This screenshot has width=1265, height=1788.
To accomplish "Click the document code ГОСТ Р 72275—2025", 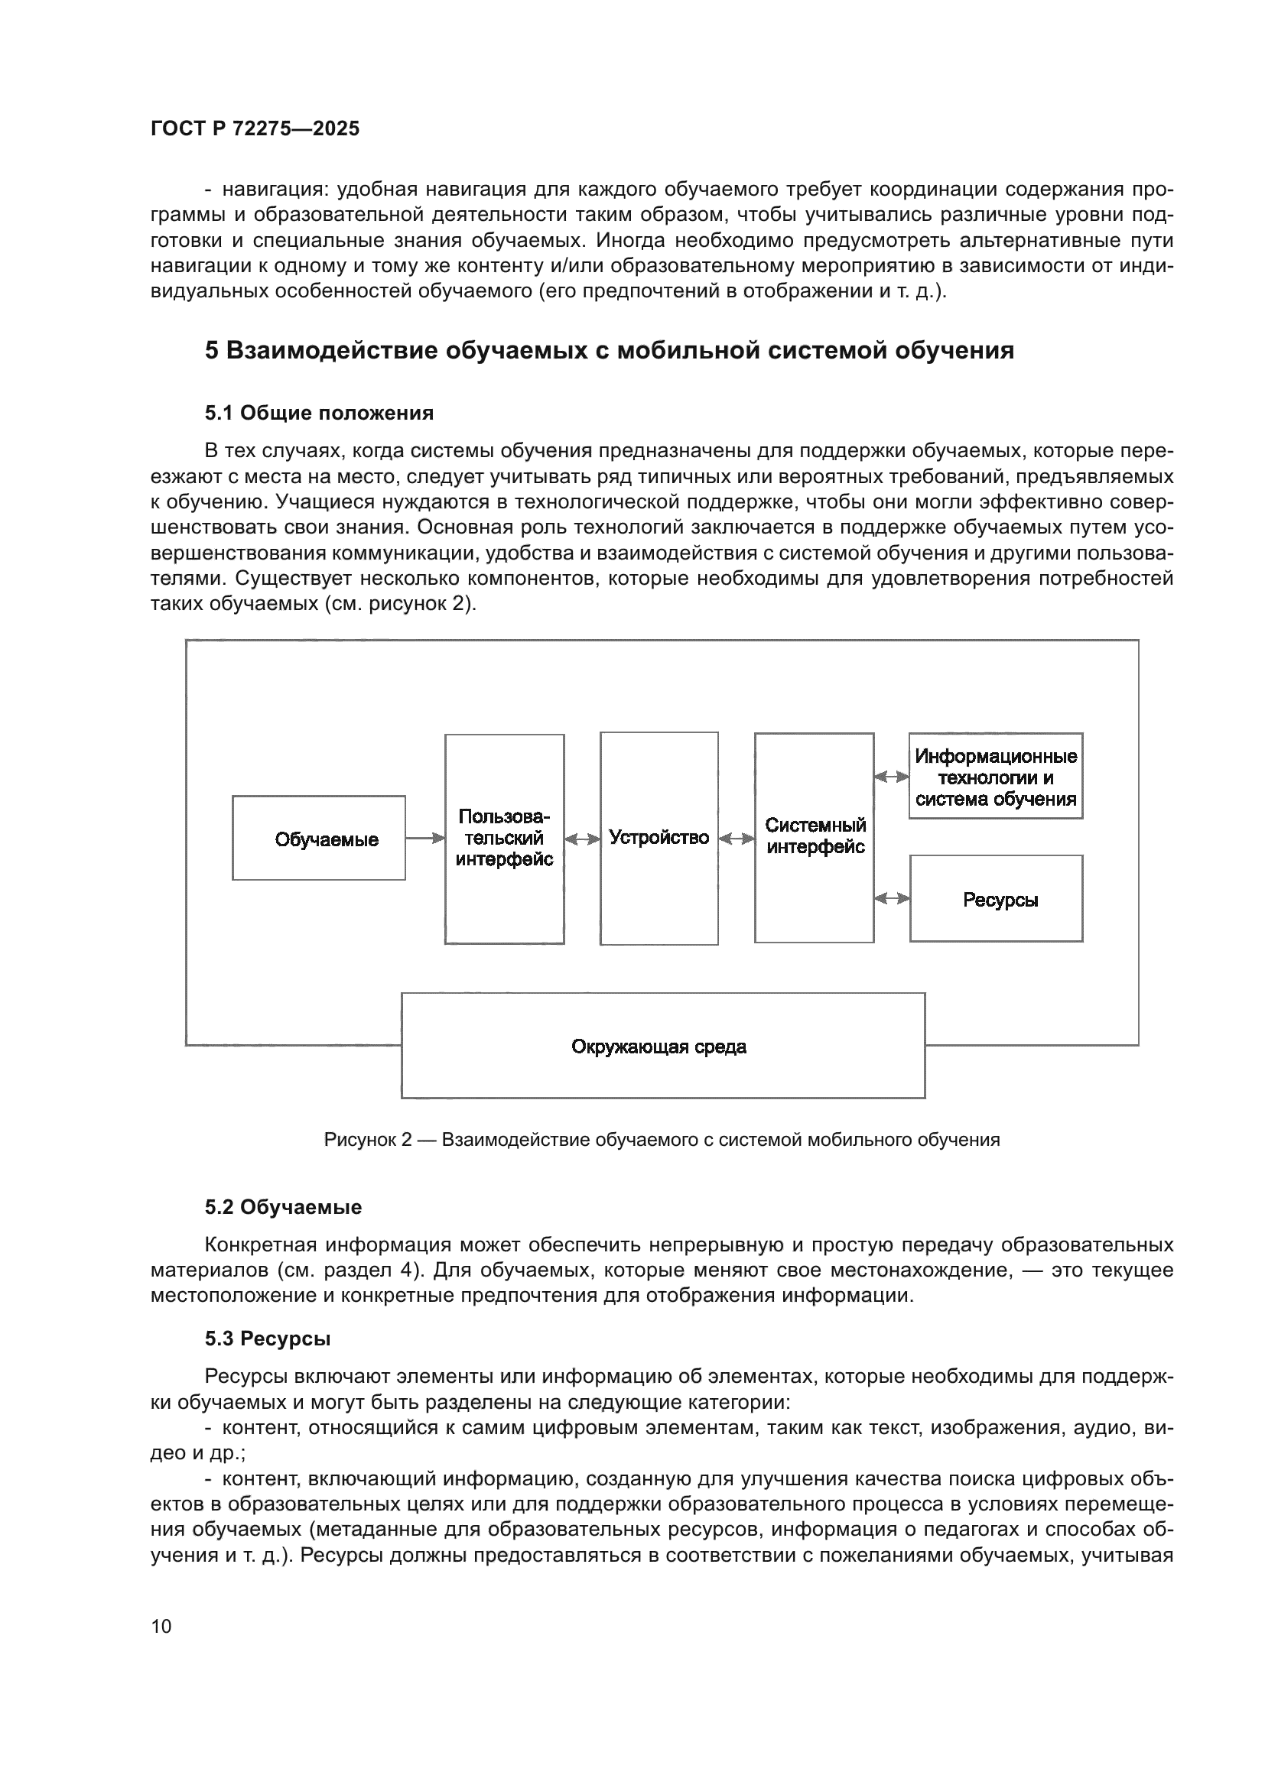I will tap(255, 128).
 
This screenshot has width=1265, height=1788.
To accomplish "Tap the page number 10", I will tap(161, 1626).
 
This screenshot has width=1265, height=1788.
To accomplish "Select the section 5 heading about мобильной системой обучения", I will tap(609, 350).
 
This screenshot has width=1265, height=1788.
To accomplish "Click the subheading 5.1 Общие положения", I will tap(320, 413).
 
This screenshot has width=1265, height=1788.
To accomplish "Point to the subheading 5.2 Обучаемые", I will tap(284, 1207).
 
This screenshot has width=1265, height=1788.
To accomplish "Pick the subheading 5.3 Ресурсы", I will tap(268, 1339).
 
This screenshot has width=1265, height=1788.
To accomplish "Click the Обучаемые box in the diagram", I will tap(319, 839).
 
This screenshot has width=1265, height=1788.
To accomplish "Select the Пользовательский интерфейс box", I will tap(504, 839).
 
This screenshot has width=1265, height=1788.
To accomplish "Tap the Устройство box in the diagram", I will tap(659, 838).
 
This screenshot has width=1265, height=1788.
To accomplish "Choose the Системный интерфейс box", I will tap(814, 837).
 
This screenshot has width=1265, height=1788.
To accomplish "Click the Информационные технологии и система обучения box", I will tap(996, 777).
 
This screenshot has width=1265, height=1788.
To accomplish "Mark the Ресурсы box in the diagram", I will tap(997, 900).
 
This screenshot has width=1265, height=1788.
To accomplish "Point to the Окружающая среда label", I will tap(659, 1047).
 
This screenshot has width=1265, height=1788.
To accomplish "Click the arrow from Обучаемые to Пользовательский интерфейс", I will tap(424, 839).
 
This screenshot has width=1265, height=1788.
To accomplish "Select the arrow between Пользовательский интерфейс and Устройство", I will tap(582, 839).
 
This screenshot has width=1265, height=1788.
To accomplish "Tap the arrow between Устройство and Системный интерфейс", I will tap(736, 839).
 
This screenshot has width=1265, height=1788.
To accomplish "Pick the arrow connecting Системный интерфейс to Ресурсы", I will tap(892, 899).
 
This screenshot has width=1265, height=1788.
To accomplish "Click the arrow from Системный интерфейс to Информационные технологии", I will tap(892, 777).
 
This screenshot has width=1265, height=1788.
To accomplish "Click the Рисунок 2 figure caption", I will tap(662, 1140).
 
